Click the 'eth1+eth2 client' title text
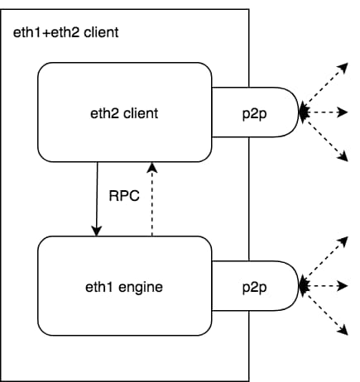(x=66, y=32)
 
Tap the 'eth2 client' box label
(x=124, y=113)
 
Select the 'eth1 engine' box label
(x=124, y=287)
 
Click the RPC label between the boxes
(x=124, y=196)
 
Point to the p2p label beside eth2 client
(x=254, y=114)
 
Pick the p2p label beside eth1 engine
(x=254, y=288)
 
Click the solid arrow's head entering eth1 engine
(x=96, y=231)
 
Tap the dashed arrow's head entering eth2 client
(x=152, y=168)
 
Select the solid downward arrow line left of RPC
(x=97, y=199)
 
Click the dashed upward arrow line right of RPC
(x=152, y=199)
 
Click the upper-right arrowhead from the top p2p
(x=343, y=68)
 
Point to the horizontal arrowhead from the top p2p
(x=343, y=112)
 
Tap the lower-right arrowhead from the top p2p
(x=343, y=156)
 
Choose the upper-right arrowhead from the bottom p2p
(x=343, y=241)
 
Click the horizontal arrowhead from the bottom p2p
(x=343, y=286)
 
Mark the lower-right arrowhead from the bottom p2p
(x=343, y=330)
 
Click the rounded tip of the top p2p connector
(x=298, y=112)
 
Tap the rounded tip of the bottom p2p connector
(x=298, y=286)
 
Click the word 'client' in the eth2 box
(x=141, y=113)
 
